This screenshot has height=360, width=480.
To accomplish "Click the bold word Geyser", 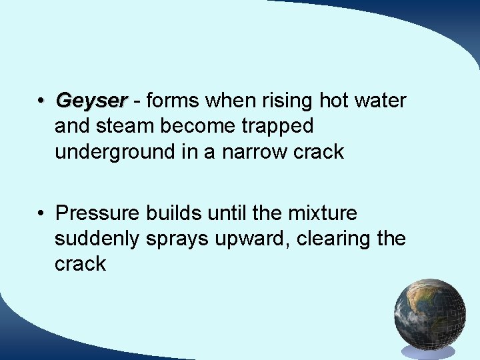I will [x=91, y=101].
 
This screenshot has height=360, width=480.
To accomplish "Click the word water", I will [x=381, y=101].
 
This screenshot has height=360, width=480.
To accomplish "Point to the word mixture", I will [x=323, y=213].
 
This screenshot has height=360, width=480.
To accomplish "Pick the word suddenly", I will [x=98, y=239].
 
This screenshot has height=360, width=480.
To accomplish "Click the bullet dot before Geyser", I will [x=41, y=101].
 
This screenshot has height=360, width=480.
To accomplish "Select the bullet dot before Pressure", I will [x=41, y=214].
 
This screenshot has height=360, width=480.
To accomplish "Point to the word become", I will [x=197, y=126].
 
